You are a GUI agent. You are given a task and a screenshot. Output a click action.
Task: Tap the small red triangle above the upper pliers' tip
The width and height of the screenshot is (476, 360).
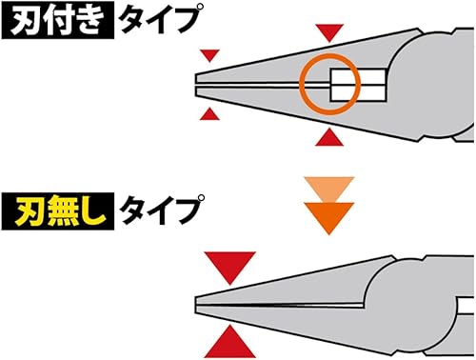click(211, 55)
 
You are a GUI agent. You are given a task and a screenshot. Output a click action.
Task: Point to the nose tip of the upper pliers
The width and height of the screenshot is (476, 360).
click(198, 84)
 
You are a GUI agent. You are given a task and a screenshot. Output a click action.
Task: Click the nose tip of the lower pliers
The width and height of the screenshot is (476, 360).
click(198, 302)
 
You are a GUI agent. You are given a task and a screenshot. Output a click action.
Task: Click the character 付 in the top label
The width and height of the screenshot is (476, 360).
click(57, 22)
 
